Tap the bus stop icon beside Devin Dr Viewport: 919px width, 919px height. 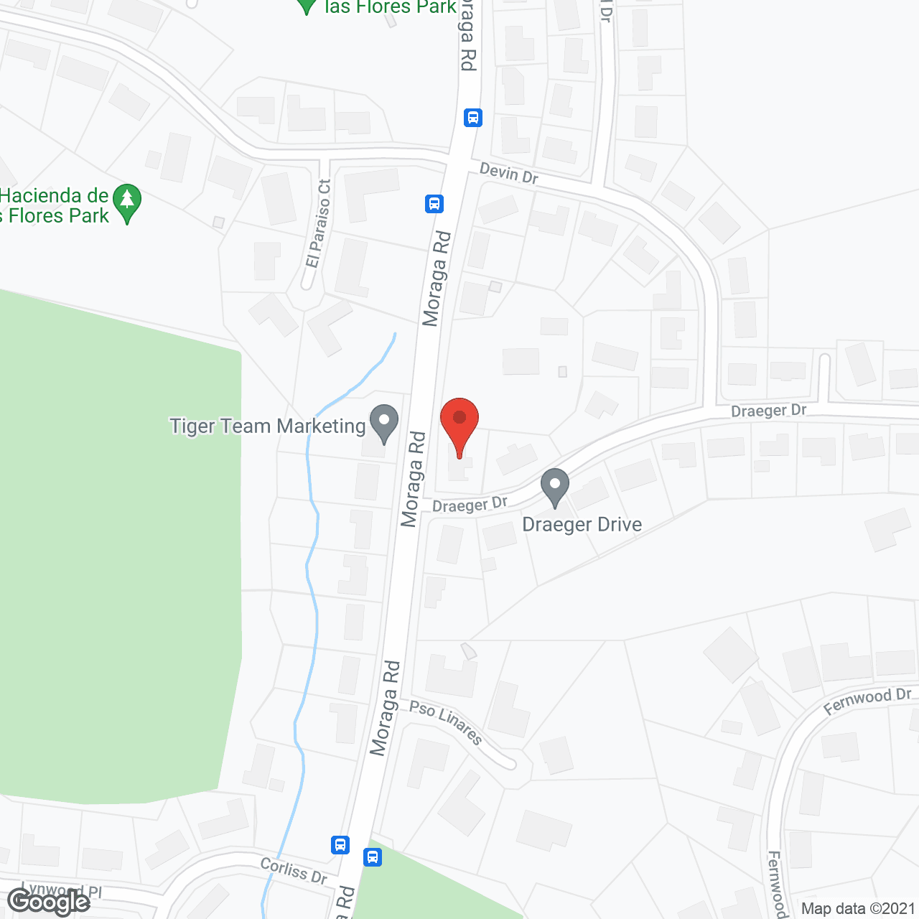tap(434, 204)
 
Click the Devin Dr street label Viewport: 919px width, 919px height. tap(508, 173)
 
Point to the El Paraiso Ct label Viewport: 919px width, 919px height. tap(318, 223)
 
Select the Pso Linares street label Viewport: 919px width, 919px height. tap(446, 722)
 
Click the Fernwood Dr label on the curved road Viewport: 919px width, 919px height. tap(867, 701)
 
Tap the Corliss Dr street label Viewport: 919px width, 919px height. tap(294, 870)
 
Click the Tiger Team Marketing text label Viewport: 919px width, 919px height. tap(268, 426)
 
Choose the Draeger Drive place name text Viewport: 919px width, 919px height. tap(582, 524)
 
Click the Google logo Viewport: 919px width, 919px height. tap(48, 902)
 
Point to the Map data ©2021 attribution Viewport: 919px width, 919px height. tap(858, 909)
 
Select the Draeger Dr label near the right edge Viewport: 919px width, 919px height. tap(768, 411)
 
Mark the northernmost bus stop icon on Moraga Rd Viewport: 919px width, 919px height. tap(472, 117)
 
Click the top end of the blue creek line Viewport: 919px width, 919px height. tap(394, 334)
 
